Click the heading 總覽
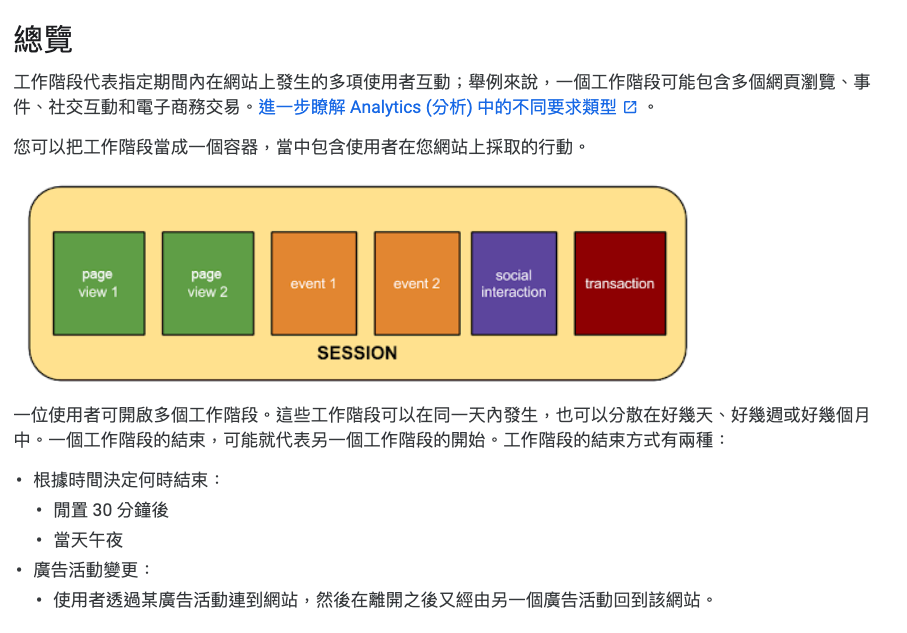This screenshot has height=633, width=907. point(43,39)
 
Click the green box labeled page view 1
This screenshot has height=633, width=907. point(99,284)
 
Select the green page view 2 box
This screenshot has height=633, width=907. point(208,284)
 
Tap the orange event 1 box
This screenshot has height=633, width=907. point(314,284)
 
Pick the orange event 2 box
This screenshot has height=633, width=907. point(417,284)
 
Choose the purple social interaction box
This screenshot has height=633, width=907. point(514,284)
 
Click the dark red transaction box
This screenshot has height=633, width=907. point(620,284)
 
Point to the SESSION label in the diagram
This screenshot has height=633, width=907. point(357,353)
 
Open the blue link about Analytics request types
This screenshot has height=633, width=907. point(437,107)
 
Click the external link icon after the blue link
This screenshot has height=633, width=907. point(630,107)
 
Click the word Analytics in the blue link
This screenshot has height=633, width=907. point(385,107)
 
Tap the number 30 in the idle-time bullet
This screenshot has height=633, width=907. point(102,510)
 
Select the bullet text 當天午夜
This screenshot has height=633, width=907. point(88,540)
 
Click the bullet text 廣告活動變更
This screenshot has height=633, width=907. point(86,570)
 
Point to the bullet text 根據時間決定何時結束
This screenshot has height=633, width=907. point(120,480)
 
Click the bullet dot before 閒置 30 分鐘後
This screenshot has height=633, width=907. point(39,510)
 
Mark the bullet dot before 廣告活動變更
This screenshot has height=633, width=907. point(19,571)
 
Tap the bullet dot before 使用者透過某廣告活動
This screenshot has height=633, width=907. point(39,601)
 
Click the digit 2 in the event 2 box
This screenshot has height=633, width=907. point(436,284)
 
